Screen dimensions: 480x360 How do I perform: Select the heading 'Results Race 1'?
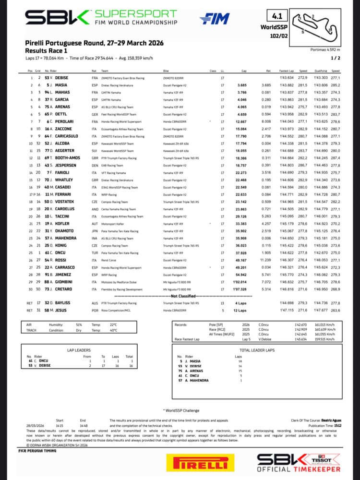(46, 50)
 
